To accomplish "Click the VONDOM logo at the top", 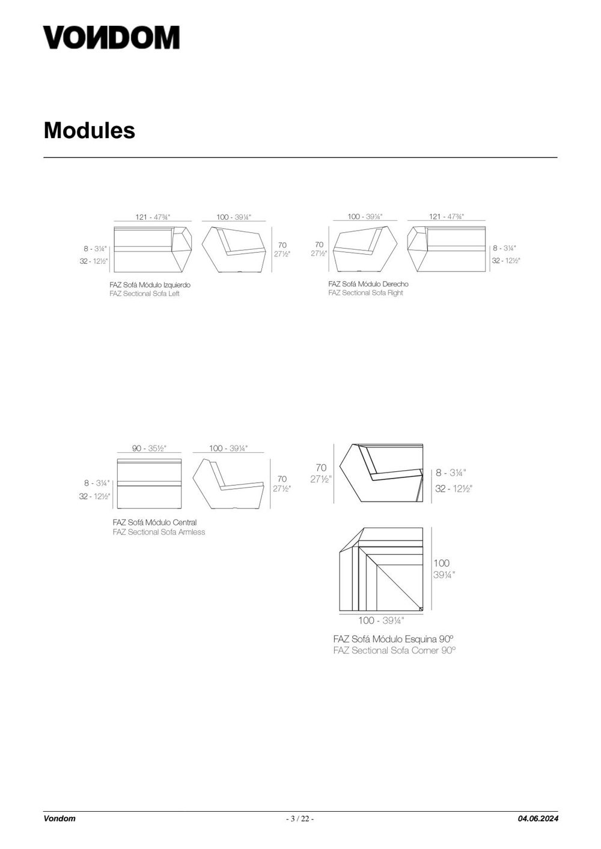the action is [111, 37].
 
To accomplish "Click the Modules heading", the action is [90, 130].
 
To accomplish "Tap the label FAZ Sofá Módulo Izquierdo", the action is [150, 285].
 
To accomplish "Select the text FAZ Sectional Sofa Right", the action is [365, 292].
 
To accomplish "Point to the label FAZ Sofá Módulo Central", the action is [154, 522].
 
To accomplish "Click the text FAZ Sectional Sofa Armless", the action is [159, 532].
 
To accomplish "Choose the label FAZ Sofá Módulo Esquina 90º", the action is [394, 639].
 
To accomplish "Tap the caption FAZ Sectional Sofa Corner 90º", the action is [395, 650].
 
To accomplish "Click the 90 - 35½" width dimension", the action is [149, 449].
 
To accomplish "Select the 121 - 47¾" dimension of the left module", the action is [153, 217].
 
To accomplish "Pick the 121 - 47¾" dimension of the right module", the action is [447, 216].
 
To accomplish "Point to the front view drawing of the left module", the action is [153, 249].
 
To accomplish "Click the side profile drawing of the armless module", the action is [228, 484].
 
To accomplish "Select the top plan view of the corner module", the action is [381, 569].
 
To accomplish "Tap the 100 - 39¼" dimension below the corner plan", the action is [381, 620].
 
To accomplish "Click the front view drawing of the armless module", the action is [150, 484].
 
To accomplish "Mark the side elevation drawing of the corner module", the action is [381, 473].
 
